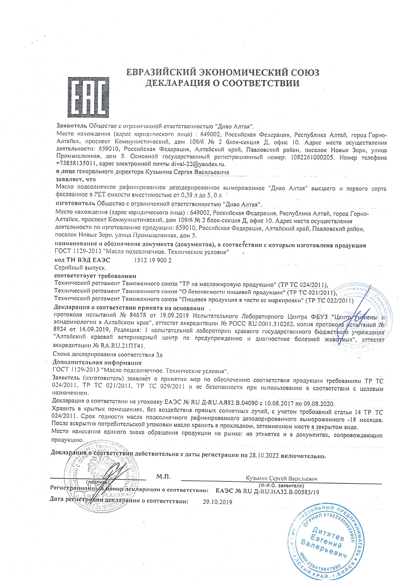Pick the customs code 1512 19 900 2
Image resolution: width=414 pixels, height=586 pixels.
coord(153,260)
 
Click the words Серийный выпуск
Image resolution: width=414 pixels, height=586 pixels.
coord(80,268)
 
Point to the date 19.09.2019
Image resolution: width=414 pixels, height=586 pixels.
coord(173,316)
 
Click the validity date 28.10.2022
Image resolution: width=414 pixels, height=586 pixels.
coord(264,456)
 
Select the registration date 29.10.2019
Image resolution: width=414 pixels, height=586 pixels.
coord(217,502)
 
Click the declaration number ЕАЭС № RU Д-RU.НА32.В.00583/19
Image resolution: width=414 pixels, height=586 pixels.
coord(267,492)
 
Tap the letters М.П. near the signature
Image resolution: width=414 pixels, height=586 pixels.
coord(163,477)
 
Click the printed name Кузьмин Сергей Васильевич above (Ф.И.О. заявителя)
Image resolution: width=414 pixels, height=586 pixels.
coord(281,478)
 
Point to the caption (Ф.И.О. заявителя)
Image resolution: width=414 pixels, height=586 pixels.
coord(281,485)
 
